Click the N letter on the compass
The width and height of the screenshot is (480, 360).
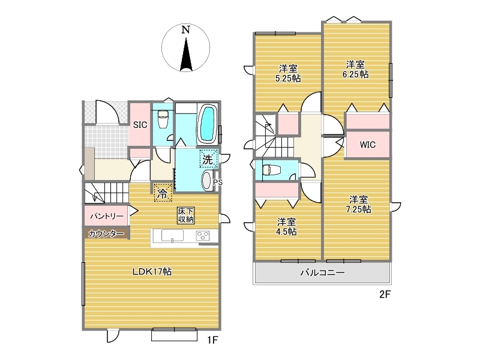[185, 29]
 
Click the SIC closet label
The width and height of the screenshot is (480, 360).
[140, 125]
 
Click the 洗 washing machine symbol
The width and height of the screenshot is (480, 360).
[208, 158]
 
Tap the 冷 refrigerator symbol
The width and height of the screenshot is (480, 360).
[163, 193]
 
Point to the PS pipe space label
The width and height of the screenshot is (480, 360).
[218, 182]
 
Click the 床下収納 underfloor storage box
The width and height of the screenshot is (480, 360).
[186, 215]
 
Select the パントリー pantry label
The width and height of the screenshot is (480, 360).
[107, 216]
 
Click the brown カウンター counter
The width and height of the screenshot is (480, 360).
[106, 233]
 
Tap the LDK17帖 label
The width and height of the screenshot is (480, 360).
[152, 272]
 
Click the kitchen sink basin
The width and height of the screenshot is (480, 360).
[172, 236]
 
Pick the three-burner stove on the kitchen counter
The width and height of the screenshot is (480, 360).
[203, 236]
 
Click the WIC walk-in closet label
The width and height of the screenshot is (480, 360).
[368, 145]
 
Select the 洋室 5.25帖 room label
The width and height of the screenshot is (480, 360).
[288, 73]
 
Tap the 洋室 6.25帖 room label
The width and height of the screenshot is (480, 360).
[355, 70]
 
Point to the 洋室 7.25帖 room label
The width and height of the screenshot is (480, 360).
[358, 205]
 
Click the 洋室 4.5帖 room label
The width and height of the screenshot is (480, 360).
[287, 227]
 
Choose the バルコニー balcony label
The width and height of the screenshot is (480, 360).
[323, 272]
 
